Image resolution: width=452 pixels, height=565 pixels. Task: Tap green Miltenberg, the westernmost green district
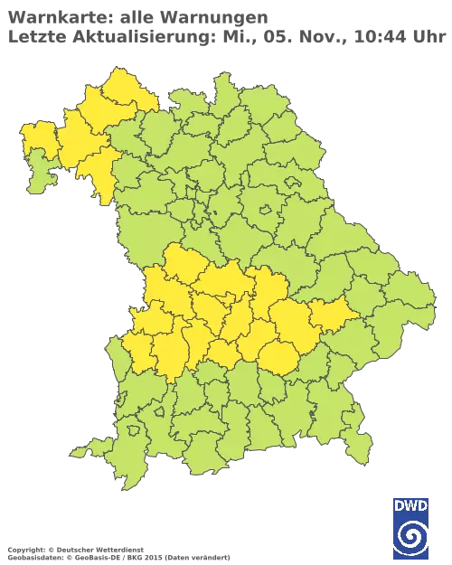coord(38,176)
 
